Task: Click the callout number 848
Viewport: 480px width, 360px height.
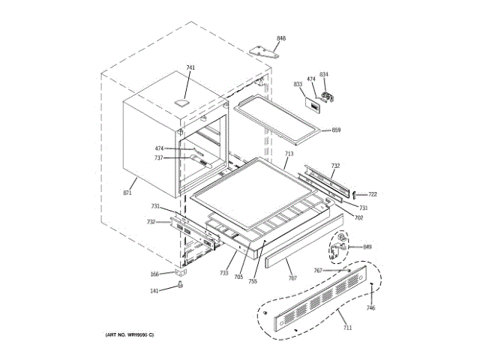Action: [x=281, y=37]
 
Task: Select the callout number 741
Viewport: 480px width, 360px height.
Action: [x=190, y=68]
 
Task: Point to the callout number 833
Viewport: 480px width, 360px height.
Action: [x=298, y=84]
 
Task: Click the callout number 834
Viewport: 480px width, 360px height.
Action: [x=324, y=74]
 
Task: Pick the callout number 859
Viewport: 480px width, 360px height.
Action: [x=336, y=130]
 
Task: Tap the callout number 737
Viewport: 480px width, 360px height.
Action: [x=159, y=158]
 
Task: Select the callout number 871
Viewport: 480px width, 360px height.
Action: [x=127, y=193]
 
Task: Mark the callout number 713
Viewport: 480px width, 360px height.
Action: [x=289, y=154]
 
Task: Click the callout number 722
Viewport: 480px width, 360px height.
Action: [x=372, y=194]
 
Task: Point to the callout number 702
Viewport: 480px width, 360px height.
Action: [x=358, y=217]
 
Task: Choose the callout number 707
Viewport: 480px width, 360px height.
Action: [x=292, y=278]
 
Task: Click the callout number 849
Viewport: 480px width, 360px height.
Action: [x=367, y=247]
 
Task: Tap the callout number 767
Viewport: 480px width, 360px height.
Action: [x=318, y=270]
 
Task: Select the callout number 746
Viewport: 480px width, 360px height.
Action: [x=370, y=308]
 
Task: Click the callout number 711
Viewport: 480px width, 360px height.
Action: [x=346, y=328]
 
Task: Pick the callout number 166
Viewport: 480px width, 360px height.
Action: [x=154, y=274]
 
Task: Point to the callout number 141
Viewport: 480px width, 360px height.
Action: [x=154, y=291]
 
